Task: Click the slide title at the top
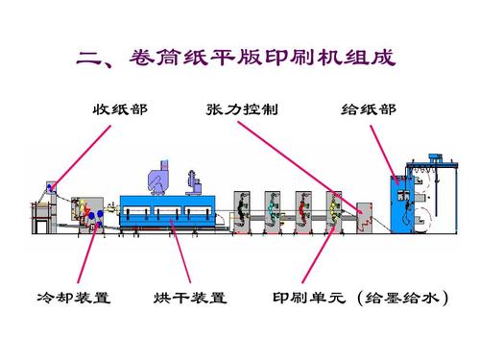point(240,60)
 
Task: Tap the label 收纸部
point(120,108)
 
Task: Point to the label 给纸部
point(368,108)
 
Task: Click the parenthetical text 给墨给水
point(402,297)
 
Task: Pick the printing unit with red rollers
point(303,210)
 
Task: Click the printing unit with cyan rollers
point(273,210)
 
